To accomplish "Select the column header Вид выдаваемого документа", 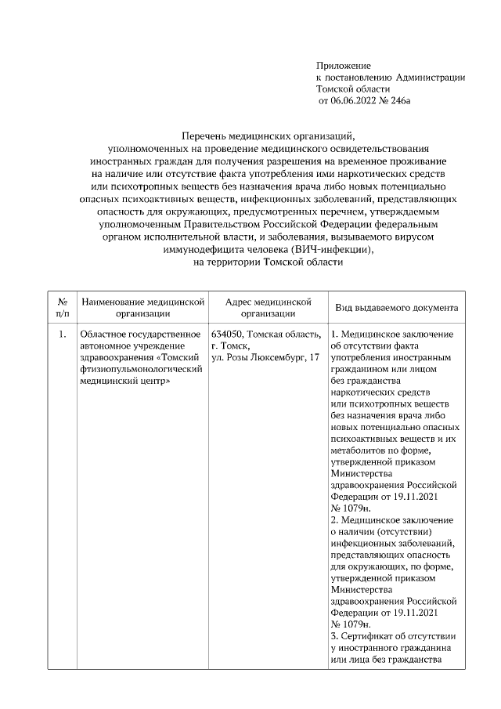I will click(397, 308).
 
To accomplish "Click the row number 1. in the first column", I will click(62, 335).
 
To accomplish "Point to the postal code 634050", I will click(228, 335).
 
